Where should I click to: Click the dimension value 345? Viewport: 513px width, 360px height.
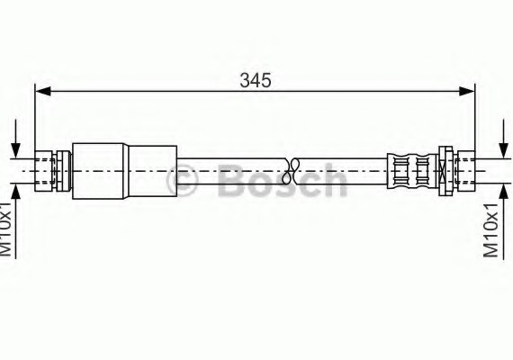pos(255,79)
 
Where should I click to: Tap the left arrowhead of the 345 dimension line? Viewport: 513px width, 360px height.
pos(41,90)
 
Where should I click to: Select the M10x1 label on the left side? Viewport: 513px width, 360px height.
pos(7,229)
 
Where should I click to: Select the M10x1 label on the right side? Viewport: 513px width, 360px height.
pos(490,229)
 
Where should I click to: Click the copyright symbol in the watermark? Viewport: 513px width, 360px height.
pos(183,184)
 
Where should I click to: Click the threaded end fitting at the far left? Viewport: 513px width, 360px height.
pos(44,168)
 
